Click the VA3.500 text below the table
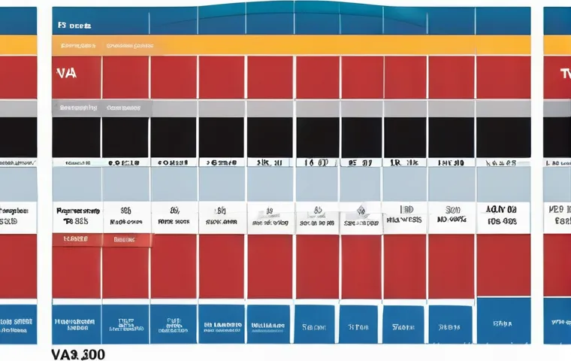click(x=78, y=353)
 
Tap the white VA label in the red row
click(x=65, y=74)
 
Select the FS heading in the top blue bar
click(x=74, y=25)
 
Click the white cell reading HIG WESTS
click(x=403, y=217)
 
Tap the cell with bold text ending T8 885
click(x=76, y=217)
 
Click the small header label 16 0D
click(x=316, y=162)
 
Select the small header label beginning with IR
click(x=404, y=162)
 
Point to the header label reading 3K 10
click(x=269, y=162)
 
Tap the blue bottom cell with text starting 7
click(x=360, y=327)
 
